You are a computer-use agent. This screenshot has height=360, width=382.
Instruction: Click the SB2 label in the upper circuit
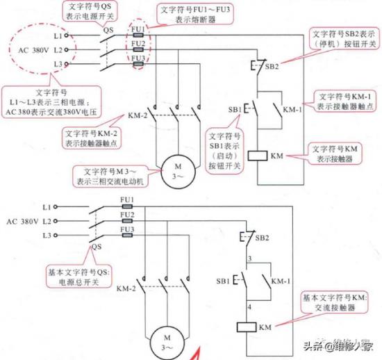click(272, 66)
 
